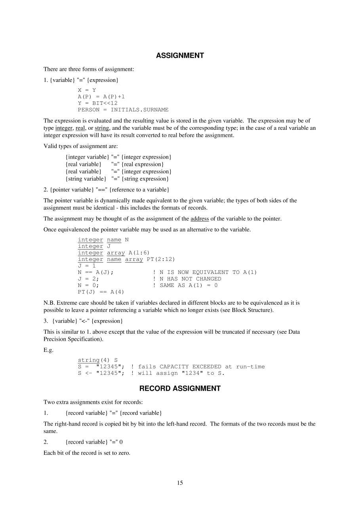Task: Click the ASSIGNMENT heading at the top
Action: [180, 56]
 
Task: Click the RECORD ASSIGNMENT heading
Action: [180, 388]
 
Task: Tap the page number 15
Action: [180, 482]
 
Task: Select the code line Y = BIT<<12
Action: [97, 103]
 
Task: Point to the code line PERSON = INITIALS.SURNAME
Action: [123, 110]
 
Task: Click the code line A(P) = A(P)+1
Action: [101, 96]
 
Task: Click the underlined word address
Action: [200, 218]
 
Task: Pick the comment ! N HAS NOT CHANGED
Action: [187, 279]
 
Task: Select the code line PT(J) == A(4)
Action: [101, 292]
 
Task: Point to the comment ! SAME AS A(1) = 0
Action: [185, 285]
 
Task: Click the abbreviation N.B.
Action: [49, 303]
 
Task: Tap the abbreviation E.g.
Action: [48, 350]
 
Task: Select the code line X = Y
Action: [87, 90]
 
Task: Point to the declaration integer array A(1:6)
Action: [114, 253]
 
